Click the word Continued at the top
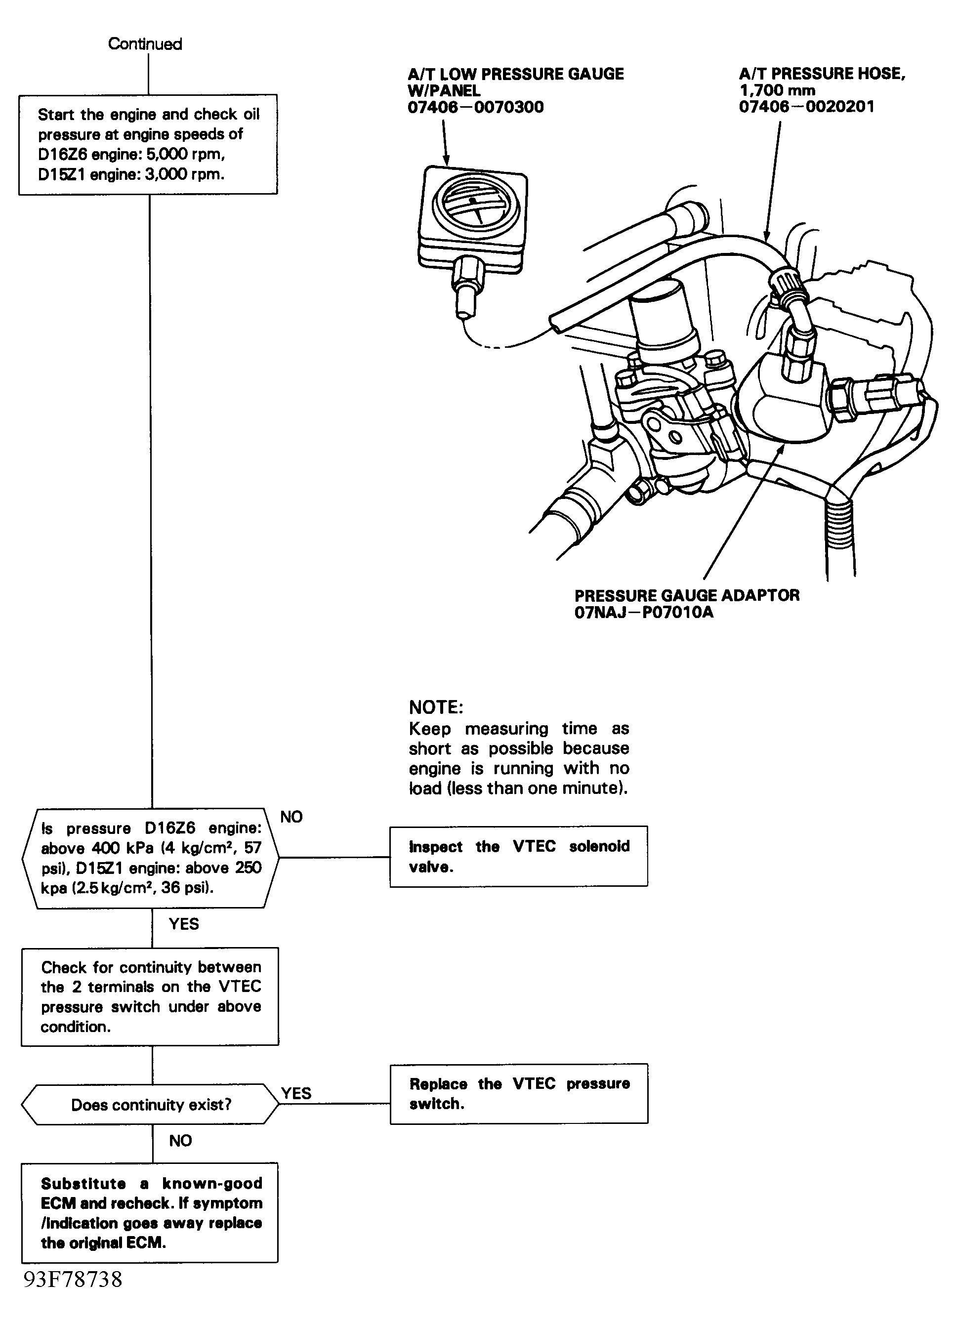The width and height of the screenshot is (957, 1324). pos(145,44)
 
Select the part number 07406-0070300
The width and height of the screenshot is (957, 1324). pos(475,107)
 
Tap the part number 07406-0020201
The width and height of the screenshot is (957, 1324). pos(806,107)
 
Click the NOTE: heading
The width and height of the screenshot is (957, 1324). pos(436,707)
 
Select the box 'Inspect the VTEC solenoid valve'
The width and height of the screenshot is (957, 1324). pos(518,856)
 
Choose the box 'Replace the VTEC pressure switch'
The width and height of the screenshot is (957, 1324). pos(518,1093)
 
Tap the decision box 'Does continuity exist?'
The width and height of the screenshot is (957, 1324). pos(151,1105)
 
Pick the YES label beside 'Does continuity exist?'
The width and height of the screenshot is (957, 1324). pos(296,1093)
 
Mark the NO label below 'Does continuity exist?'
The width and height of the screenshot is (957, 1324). pos(180,1140)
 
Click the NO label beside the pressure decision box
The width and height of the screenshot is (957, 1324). pos(291,817)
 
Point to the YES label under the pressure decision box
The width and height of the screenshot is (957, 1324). pos(184,923)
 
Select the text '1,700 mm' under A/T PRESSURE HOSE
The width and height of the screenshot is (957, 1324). pos(777,90)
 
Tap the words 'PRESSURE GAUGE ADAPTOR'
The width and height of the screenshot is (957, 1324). pos(687,595)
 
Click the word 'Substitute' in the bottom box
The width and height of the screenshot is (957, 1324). pos(83,1183)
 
